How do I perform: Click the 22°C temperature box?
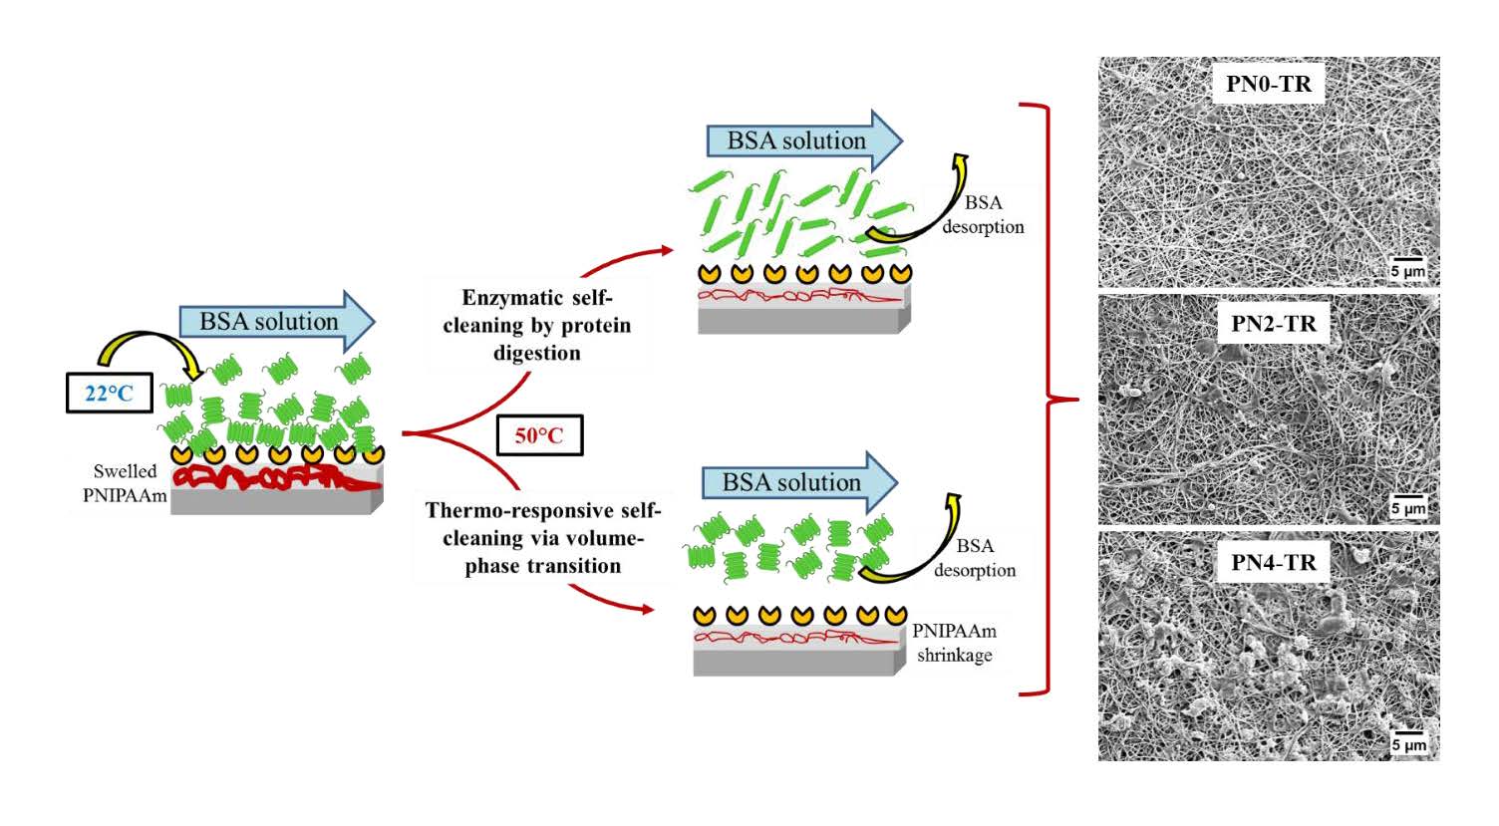coord(109,393)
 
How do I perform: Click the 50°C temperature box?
coord(538,435)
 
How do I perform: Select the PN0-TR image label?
coord(1268,84)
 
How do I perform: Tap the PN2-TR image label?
coord(1273,324)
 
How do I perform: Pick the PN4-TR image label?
coord(1273,562)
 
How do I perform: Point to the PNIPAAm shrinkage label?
coord(954,643)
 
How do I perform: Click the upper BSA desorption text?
coord(983,214)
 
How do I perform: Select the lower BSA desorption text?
coord(975,558)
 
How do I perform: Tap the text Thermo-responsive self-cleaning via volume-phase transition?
coord(542,538)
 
